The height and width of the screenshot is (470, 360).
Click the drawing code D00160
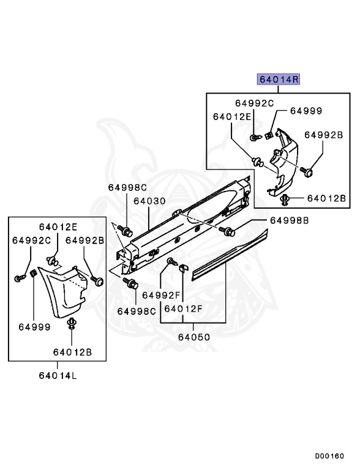[329, 456]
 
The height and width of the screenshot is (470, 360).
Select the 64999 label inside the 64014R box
[306, 111]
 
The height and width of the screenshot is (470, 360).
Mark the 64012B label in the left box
[72, 352]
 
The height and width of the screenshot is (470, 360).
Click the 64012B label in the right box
[326, 198]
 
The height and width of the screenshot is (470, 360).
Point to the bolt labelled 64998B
[229, 231]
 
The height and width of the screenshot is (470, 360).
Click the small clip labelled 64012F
[181, 267]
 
